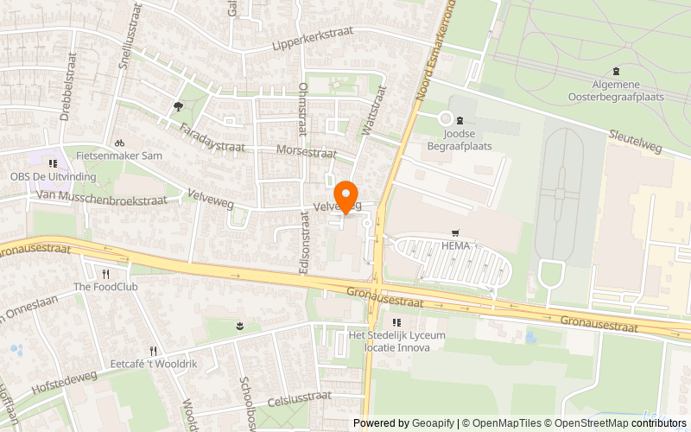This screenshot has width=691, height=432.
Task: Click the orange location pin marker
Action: coord(346,196)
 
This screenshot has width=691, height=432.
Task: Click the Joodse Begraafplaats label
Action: coord(459,140)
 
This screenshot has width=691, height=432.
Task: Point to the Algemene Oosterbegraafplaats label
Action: coord(616,90)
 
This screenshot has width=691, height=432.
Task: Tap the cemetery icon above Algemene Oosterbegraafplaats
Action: coord(616,72)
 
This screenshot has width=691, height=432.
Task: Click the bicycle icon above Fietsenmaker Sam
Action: coord(120,143)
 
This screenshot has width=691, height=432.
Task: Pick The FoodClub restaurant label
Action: coord(105,287)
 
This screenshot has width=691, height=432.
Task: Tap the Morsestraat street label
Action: coord(306,151)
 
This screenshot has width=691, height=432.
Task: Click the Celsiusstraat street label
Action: coord(300,397)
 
